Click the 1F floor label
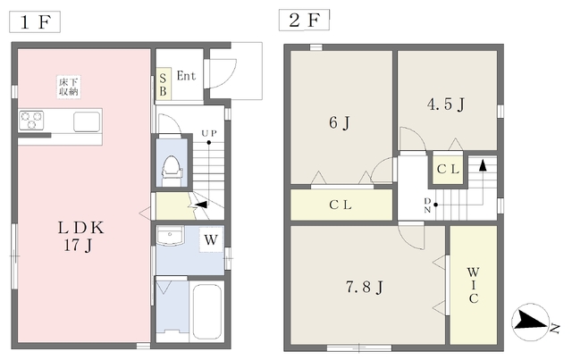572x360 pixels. [35, 21]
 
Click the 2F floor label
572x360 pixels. [304, 20]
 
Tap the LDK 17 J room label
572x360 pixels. [80, 237]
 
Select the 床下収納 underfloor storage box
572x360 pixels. [69, 87]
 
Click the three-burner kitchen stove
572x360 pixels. [31, 121]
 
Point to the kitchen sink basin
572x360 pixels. [87, 121]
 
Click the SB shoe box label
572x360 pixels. [163, 85]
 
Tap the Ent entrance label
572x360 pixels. [186, 76]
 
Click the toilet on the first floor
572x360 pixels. [172, 171]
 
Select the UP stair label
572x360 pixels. [209, 133]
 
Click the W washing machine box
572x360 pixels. [211, 239]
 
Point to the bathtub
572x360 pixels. [206, 312]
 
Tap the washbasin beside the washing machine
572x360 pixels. [170, 236]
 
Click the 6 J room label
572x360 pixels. [340, 122]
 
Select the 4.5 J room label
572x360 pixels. [445, 105]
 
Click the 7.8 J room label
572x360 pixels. [364, 287]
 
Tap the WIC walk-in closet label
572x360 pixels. [473, 285]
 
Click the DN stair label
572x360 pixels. [427, 205]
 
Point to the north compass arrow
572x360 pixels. [531, 322]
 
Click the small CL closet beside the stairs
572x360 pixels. [448, 169]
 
